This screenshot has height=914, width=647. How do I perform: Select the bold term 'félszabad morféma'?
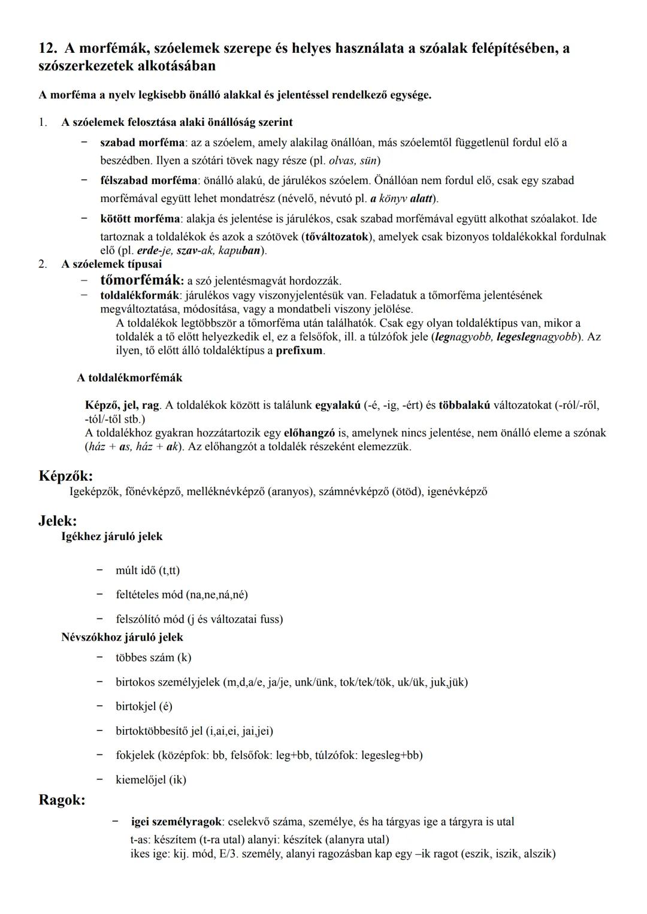pos(149,180)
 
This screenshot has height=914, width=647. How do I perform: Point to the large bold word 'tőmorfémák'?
pos(141,280)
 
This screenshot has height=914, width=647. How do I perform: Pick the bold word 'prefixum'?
pos(300,351)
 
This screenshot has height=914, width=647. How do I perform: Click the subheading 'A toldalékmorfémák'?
pos(129,378)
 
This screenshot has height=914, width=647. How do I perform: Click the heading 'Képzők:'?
pos(66,476)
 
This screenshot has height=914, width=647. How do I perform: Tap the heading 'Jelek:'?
pos(58,521)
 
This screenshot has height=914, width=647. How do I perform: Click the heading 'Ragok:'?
pos(62,800)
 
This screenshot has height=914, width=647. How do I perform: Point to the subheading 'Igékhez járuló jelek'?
pos(112,537)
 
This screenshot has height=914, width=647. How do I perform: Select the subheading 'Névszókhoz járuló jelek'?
pos(122,637)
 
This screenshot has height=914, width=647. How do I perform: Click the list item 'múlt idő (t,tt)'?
pos(148,571)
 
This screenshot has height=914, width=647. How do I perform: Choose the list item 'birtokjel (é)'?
pos(144,707)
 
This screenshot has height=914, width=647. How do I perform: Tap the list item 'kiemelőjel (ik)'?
pos(151,780)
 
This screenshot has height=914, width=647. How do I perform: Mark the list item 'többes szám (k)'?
pos(153,657)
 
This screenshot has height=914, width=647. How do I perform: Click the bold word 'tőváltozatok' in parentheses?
pos(337,237)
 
